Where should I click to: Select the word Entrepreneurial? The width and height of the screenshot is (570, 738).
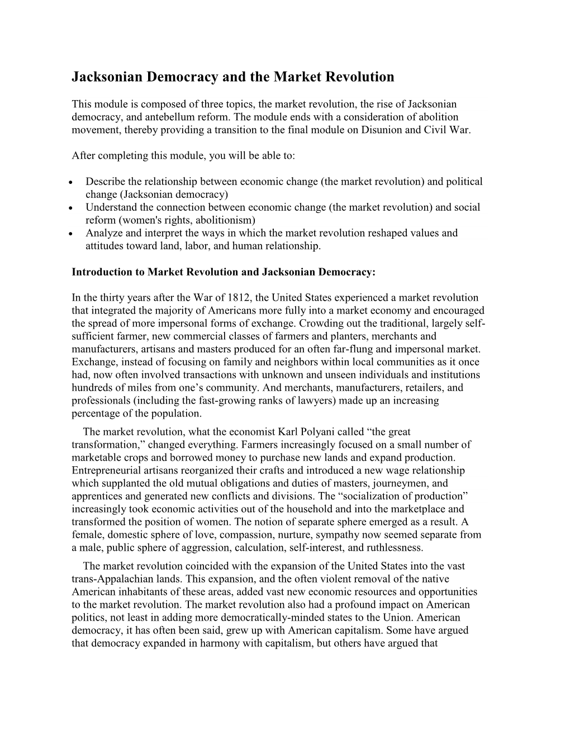[x=107, y=471]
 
